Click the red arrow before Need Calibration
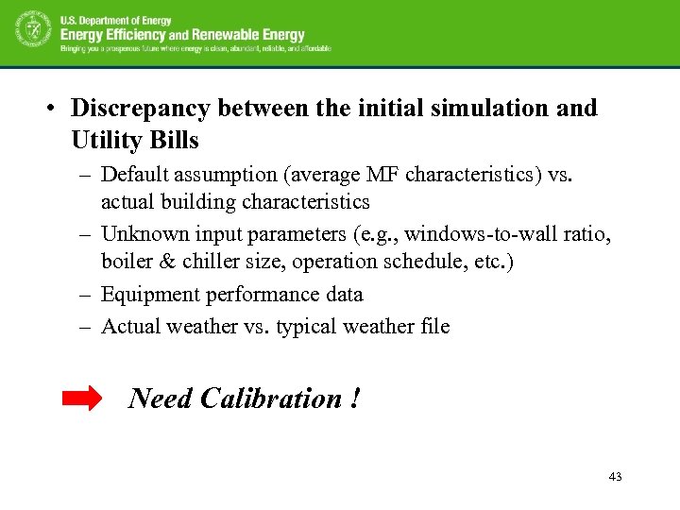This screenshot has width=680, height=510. tap(81, 399)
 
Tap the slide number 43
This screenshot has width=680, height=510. tap(615, 477)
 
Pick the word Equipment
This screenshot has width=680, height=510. tap(147, 295)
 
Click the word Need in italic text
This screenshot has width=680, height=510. tap(160, 399)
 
